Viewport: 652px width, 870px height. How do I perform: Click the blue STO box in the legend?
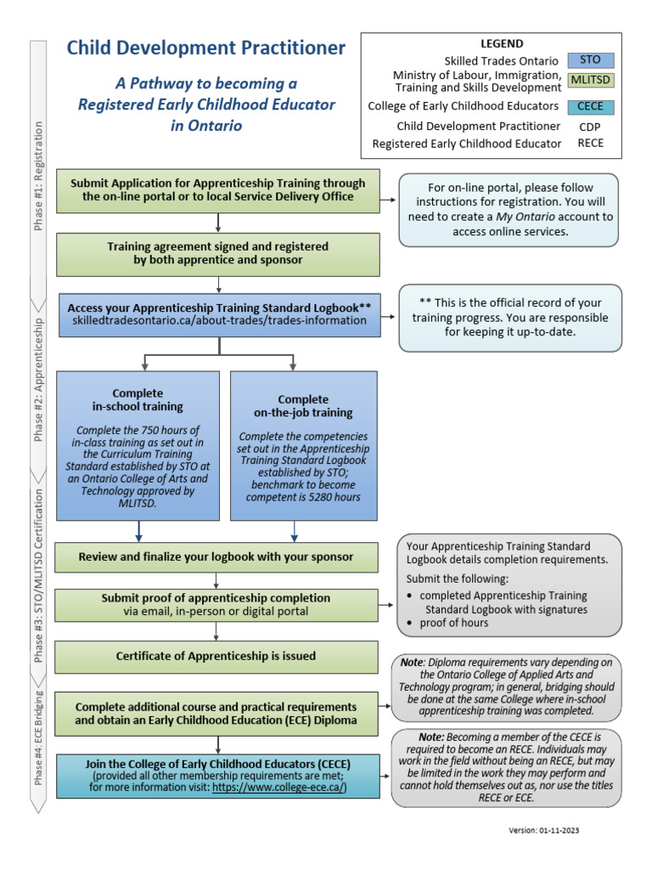click(x=590, y=60)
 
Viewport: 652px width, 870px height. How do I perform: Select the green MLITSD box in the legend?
click(x=590, y=81)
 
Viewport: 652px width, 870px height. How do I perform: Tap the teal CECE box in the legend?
click(x=590, y=106)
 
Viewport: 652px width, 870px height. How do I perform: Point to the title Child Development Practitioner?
click(x=206, y=48)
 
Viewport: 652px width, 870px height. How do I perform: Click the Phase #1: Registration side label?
click(x=38, y=175)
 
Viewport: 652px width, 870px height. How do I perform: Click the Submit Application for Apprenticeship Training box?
click(x=218, y=189)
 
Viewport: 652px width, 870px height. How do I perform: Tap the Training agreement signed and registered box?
click(x=218, y=253)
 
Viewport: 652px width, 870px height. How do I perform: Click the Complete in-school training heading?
click(x=138, y=400)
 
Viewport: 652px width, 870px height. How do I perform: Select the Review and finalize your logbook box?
click(x=216, y=557)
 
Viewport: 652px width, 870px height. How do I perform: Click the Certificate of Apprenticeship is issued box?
click(x=216, y=656)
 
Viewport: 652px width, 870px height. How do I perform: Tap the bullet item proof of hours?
click(x=454, y=623)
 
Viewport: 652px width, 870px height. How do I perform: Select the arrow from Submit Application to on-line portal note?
click(x=389, y=201)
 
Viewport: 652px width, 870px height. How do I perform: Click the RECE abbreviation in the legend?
click(x=590, y=144)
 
